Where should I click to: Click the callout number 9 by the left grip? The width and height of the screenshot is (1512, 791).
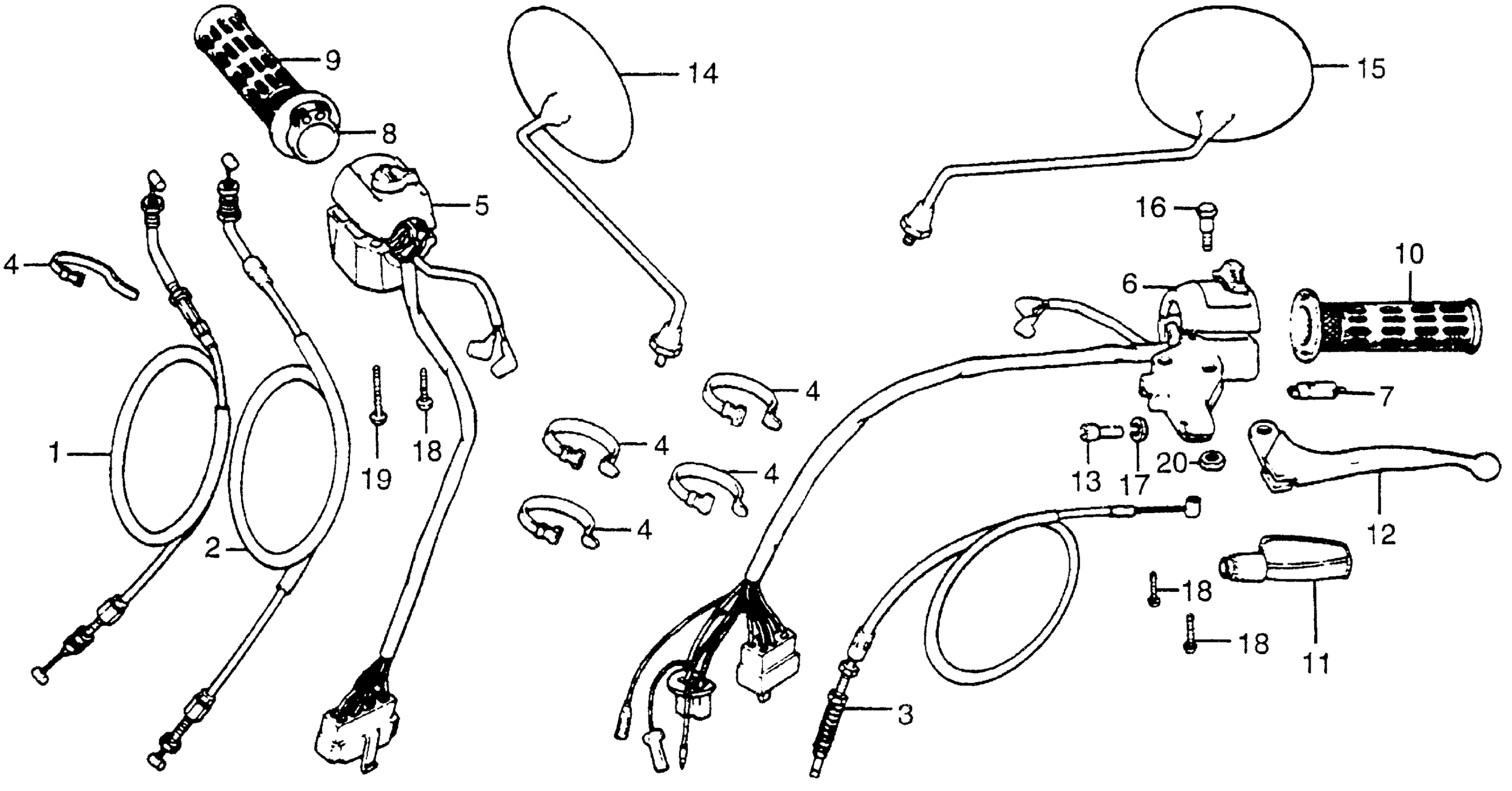click(332, 60)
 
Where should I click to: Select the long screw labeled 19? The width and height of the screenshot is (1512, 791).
click(376, 399)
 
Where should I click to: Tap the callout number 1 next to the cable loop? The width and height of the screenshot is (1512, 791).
click(56, 454)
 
